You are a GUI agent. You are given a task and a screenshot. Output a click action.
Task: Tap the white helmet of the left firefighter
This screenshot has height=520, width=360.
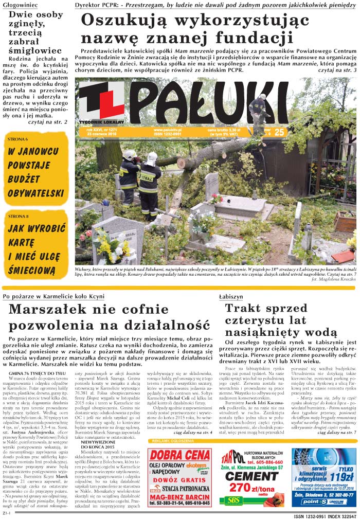coord(131,154)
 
